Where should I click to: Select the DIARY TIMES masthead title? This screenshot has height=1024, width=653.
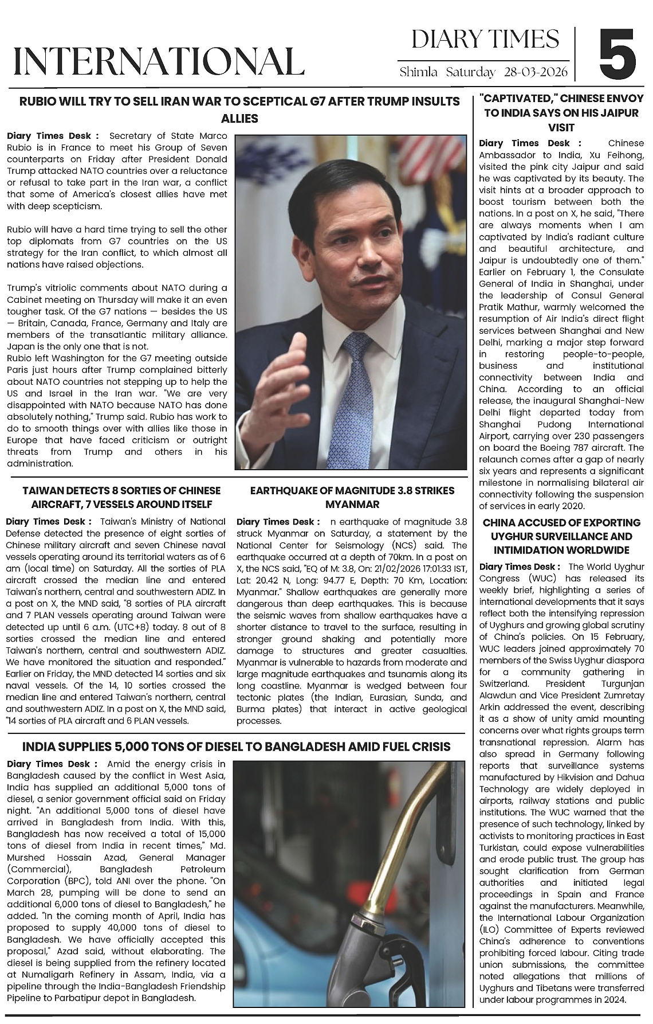tap(485, 40)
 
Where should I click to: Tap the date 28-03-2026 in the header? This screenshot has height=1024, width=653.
tap(536, 72)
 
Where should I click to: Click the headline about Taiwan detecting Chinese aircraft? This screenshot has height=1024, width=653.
tap(121, 497)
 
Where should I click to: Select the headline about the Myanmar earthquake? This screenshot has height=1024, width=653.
tap(352, 497)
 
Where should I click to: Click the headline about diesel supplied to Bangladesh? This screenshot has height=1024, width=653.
tap(236, 746)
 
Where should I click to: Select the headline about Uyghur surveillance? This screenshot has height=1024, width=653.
tap(561, 536)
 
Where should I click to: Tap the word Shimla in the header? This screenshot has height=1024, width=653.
tap(419, 72)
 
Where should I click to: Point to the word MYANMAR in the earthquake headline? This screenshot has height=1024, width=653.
tap(352, 505)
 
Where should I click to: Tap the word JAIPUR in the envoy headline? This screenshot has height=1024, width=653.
tap(616, 113)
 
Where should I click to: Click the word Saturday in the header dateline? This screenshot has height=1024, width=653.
tap(470, 72)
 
